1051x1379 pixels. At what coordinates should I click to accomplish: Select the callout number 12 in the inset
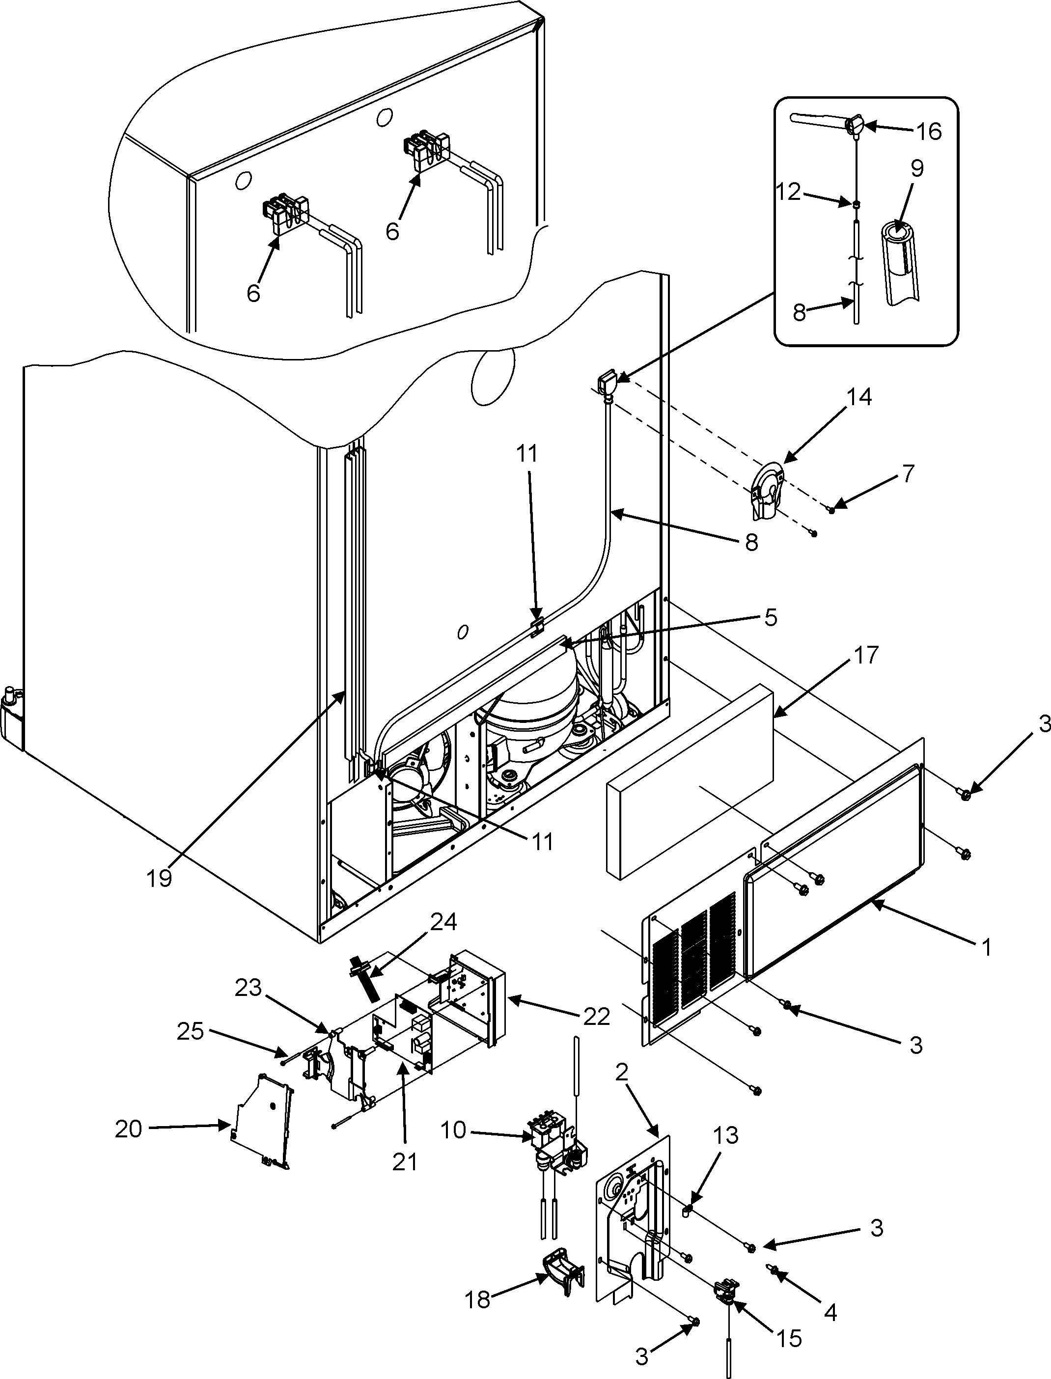click(790, 192)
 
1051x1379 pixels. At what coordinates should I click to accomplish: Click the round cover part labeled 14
click(767, 492)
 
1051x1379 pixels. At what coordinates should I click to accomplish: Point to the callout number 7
click(909, 473)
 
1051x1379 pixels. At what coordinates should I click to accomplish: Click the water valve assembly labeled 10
click(553, 1148)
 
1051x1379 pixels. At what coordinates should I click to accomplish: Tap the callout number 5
click(771, 618)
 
